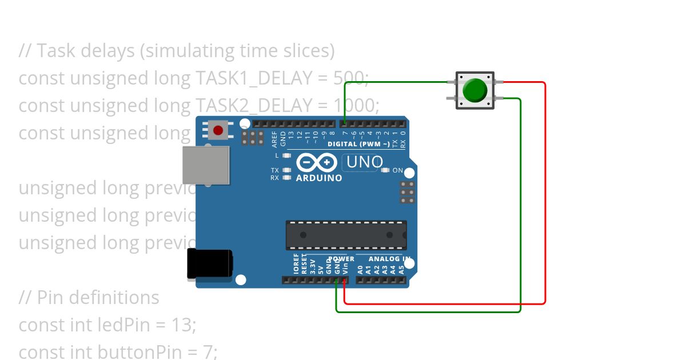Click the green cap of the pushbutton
click(x=474, y=90)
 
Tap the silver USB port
click(x=206, y=165)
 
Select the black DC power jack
click(x=210, y=265)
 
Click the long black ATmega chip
click(x=346, y=235)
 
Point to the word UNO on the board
click(x=365, y=163)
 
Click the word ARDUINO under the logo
click(x=319, y=178)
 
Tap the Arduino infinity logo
click(x=318, y=163)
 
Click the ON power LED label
click(x=398, y=170)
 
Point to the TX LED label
click(x=275, y=170)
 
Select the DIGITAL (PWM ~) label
click(x=358, y=145)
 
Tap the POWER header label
click(x=341, y=259)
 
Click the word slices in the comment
click(x=307, y=51)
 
